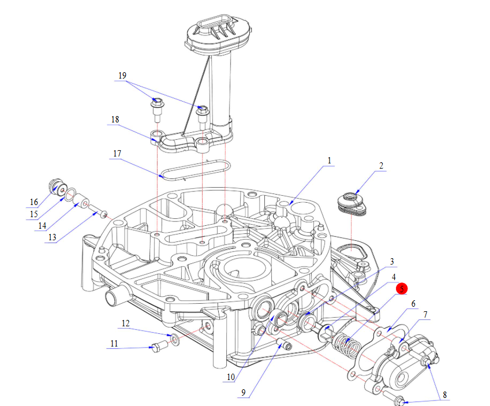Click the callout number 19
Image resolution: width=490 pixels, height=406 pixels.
122,76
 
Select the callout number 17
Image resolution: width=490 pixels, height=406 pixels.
117,154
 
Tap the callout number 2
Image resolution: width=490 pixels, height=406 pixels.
381,166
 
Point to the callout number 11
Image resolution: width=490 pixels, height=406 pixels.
114,344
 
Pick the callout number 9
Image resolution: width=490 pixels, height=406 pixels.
244,393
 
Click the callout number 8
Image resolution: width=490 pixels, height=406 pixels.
444,396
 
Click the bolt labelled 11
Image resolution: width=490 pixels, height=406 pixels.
158,347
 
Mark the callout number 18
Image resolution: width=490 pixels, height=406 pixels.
115,119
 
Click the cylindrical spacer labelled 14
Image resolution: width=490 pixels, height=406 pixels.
82,202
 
